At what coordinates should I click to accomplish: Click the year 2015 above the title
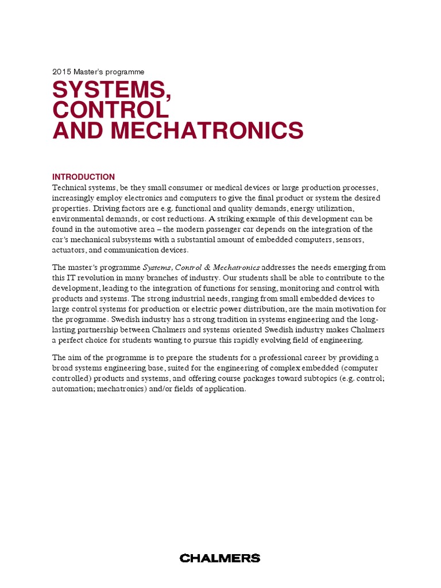tap(61, 72)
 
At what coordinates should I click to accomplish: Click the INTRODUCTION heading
tap(83, 177)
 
